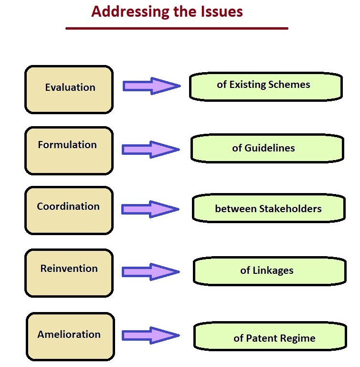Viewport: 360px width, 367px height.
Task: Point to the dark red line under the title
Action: pos(177,29)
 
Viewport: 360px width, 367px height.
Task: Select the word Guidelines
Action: pos(270,148)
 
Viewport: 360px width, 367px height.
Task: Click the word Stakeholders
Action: pos(290,209)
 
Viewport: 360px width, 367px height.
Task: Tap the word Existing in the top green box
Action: pos(248,85)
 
